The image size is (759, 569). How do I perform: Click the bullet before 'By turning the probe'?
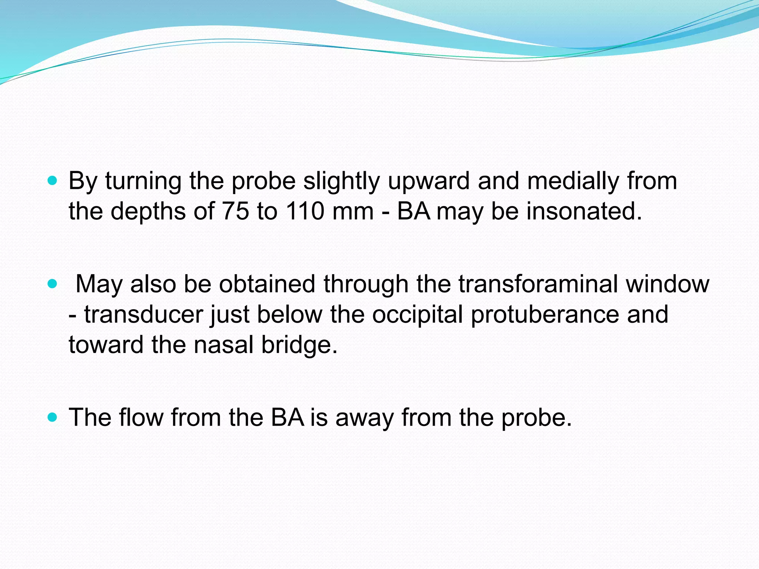coord(53,181)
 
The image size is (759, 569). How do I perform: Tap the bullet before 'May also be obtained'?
coord(53,284)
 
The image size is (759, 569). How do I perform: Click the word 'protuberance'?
coord(545,315)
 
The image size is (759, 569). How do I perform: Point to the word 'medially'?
coord(573,182)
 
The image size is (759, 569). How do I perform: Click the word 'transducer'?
coord(144,315)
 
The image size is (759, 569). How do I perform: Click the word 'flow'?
coord(141,417)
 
